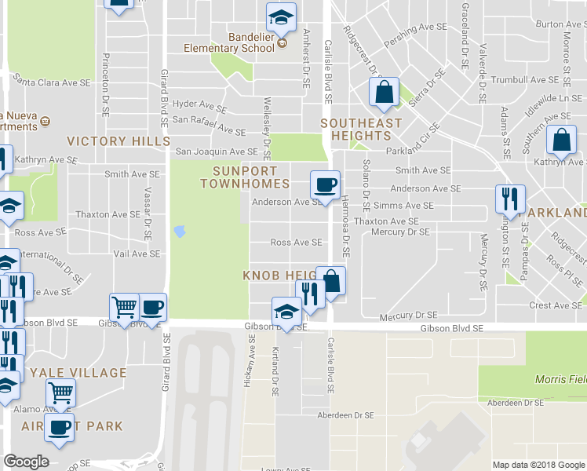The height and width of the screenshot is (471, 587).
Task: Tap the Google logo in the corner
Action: click(x=26, y=462)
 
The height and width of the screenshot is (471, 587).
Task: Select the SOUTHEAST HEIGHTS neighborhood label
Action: click(x=361, y=130)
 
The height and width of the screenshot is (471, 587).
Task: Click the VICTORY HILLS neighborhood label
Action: click(x=118, y=141)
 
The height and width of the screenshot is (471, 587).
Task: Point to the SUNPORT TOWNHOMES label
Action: click(x=250, y=177)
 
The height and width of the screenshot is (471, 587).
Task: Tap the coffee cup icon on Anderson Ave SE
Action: click(x=326, y=185)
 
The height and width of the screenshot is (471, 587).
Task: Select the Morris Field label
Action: click(x=560, y=379)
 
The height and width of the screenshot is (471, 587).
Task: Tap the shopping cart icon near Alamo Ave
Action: click(x=60, y=392)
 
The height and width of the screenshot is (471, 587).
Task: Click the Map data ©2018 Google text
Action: click(x=538, y=465)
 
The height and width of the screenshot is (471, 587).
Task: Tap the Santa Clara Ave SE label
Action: click(x=53, y=81)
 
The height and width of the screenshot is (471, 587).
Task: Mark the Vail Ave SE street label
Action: click(x=137, y=254)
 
